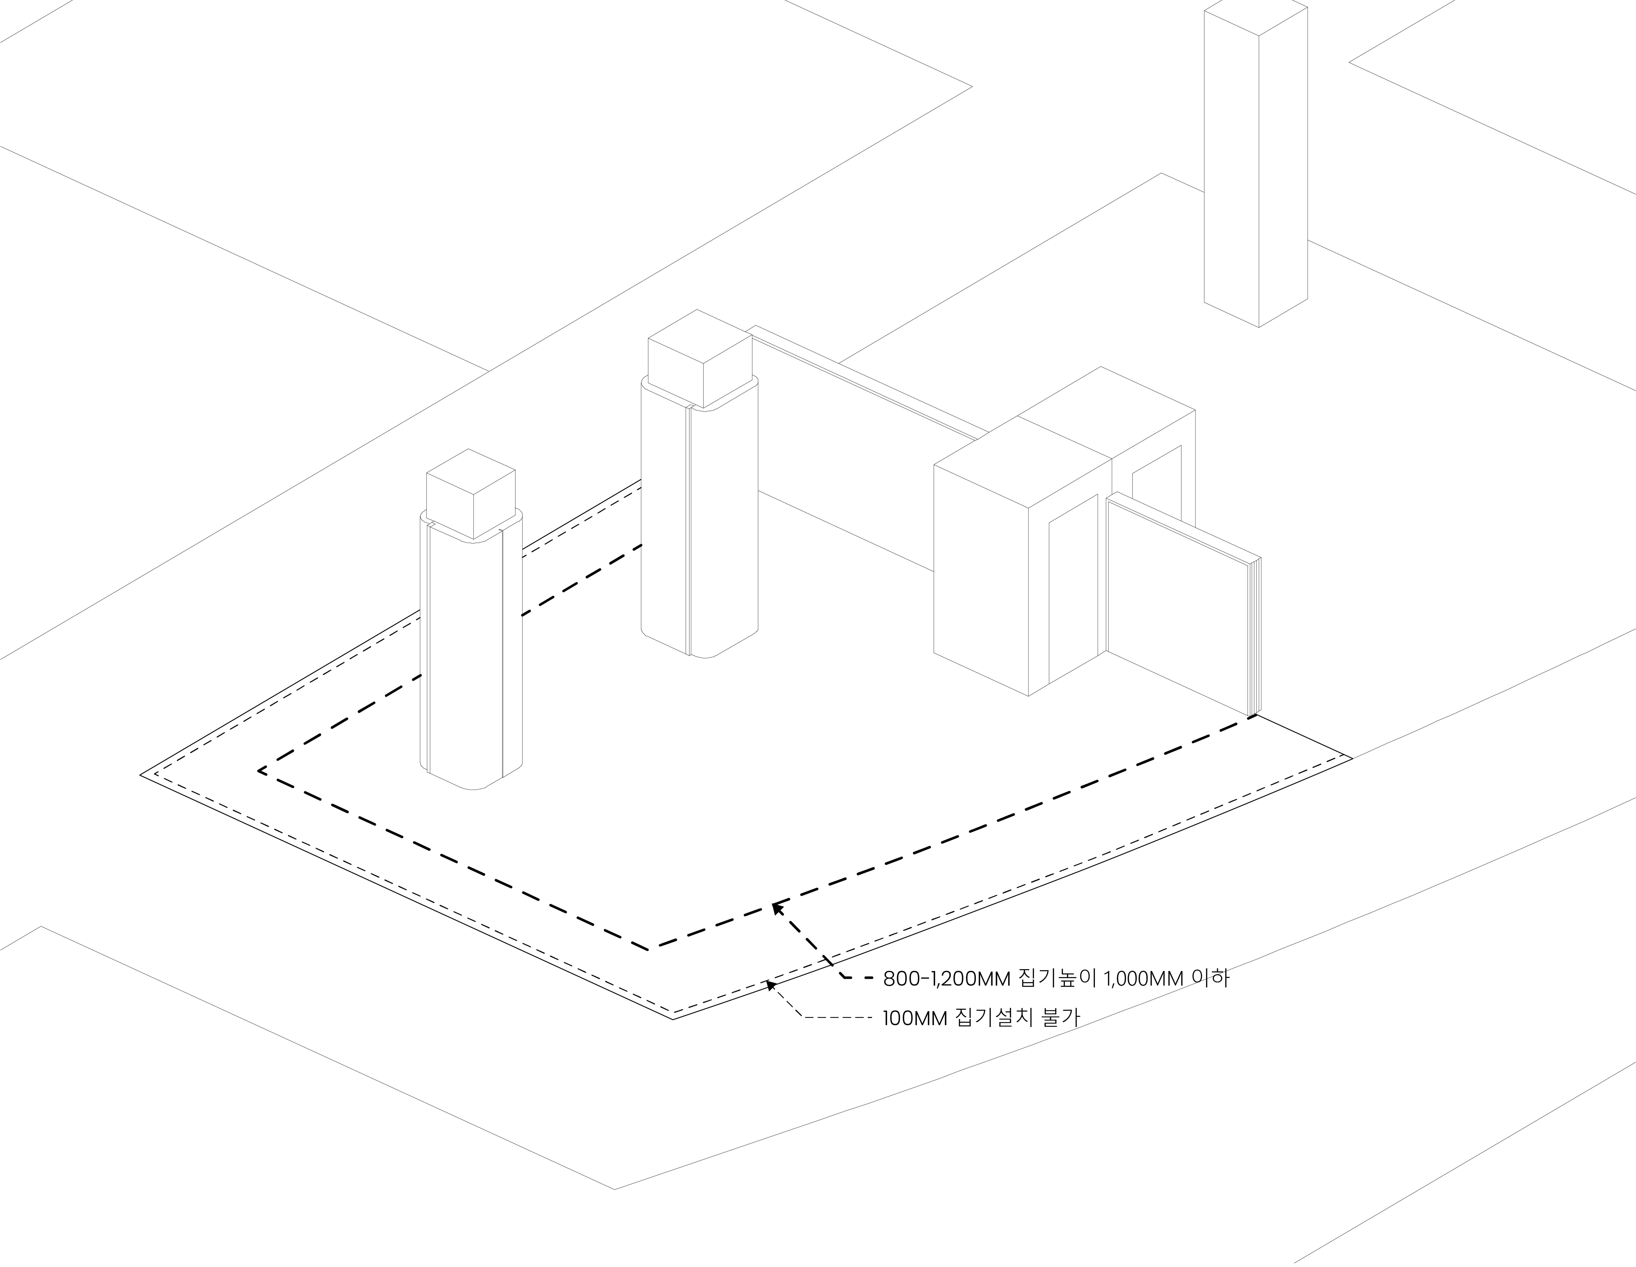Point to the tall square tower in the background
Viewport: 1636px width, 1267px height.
(1255, 165)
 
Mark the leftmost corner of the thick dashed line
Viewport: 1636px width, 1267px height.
(259, 770)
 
